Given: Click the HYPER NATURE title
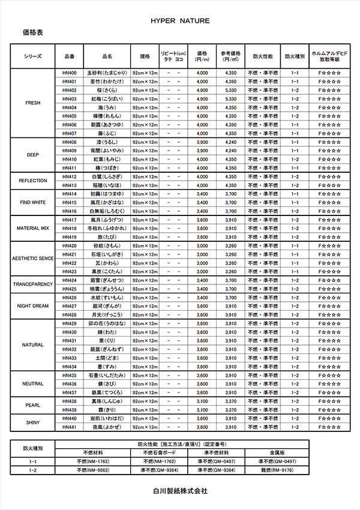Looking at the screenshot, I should point(180,20).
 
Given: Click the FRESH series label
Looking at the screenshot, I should point(33,103).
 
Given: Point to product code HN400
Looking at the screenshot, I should point(68,72).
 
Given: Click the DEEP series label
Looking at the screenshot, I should point(33,154).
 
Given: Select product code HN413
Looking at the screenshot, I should point(68,185).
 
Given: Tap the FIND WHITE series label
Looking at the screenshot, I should point(33,202).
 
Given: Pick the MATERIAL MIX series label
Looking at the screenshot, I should point(33,229).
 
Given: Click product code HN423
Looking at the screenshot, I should point(68,272).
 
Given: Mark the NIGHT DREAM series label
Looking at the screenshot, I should point(33,305).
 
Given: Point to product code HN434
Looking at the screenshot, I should point(68,367).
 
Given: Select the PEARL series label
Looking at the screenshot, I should point(33,405).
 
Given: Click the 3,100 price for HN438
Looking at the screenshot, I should point(202,401).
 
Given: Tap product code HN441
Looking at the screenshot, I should point(68,427).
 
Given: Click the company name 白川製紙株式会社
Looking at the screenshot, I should point(180,491).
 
